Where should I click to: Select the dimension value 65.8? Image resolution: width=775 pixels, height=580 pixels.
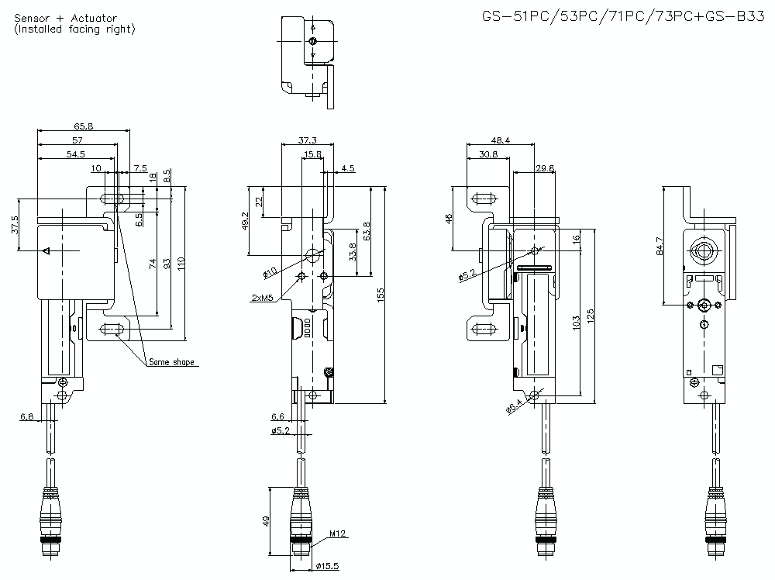pos(84,126)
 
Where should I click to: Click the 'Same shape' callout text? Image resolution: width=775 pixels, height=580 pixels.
pos(171,362)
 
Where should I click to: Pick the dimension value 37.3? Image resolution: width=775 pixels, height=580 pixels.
pos(307,140)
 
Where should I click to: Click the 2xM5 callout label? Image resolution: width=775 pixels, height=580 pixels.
pos(262,298)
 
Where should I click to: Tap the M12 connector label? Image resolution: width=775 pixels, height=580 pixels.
pos(336,533)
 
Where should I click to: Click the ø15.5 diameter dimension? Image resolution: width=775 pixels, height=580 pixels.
pos(325,567)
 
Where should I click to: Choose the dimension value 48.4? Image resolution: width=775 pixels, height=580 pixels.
pos(500,140)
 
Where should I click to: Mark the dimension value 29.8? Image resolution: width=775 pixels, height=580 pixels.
pos(545,168)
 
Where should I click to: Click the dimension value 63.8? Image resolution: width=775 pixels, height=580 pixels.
pos(367,231)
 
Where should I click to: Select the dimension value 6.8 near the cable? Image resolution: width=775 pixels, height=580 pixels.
pos(26,417)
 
